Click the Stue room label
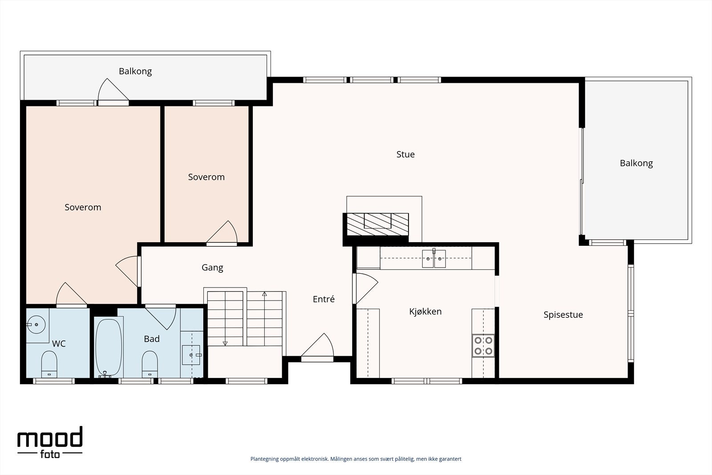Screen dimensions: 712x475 pyautogui.click(x=405, y=154)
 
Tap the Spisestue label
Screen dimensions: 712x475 pyautogui.click(x=563, y=315)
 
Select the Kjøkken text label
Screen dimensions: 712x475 pyautogui.click(x=425, y=312)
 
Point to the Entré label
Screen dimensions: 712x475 pyautogui.click(x=324, y=299)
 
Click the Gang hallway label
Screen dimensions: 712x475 pyautogui.click(x=212, y=268)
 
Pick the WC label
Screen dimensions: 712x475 pyautogui.click(x=59, y=344)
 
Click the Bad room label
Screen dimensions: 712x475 pyautogui.click(x=152, y=339)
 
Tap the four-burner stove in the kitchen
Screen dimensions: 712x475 pyautogui.click(x=483, y=345)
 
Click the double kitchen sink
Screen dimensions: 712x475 pyautogui.click(x=434, y=259)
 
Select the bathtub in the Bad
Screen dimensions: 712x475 pyautogui.click(x=109, y=348)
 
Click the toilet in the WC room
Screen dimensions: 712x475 pyautogui.click(x=49, y=364)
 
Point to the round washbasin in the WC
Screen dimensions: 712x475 pyautogui.click(x=36, y=325)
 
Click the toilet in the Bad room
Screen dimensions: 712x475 pyautogui.click(x=150, y=364)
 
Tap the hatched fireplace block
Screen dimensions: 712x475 pyautogui.click(x=377, y=224)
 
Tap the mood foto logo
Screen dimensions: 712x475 pyautogui.click(x=50, y=442)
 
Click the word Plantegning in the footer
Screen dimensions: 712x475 pyautogui.click(x=264, y=459)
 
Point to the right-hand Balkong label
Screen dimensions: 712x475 pyautogui.click(x=636, y=163)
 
